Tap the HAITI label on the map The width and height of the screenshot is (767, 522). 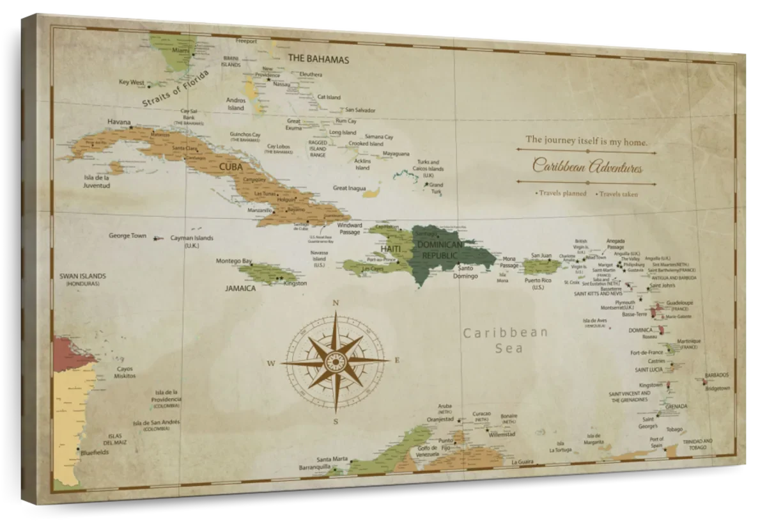(391, 248)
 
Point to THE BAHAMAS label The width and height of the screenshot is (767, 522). (318, 59)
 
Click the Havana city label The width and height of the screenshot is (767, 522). (119, 122)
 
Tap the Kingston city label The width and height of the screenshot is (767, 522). (295, 283)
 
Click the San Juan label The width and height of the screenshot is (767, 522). (541, 255)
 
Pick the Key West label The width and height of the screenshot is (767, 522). (132, 82)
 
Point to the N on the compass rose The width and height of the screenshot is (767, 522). (335, 303)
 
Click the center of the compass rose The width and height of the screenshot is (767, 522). (335, 361)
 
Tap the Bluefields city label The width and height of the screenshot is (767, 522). (95, 452)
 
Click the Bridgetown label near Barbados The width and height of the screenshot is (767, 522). (717, 388)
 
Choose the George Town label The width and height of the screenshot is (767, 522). (127, 235)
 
